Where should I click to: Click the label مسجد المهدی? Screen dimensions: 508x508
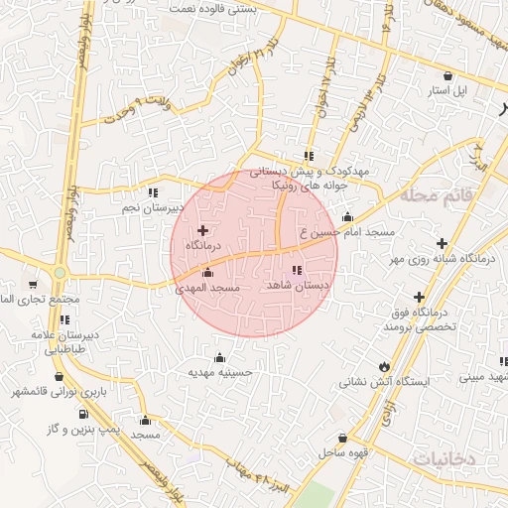[x=208, y=288]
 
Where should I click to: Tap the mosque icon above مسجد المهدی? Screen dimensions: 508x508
[x=207, y=273]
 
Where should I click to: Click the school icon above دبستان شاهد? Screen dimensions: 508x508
[x=296, y=271]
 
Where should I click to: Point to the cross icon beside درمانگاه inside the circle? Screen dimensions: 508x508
[x=203, y=230]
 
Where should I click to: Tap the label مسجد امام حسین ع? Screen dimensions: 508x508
[x=347, y=232]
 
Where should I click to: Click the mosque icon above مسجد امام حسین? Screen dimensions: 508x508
[x=347, y=218]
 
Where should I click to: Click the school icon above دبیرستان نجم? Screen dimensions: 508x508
[x=152, y=193]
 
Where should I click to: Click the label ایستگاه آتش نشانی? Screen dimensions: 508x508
[x=383, y=381]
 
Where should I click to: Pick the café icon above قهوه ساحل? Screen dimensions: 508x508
[x=343, y=438]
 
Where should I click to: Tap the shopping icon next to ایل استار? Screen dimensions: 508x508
[x=448, y=75]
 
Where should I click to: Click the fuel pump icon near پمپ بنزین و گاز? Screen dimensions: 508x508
[x=82, y=415]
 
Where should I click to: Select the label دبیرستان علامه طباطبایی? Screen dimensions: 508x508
[x=65, y=342]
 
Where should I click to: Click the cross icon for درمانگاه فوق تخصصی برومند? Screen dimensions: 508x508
[x=419, y=297]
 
